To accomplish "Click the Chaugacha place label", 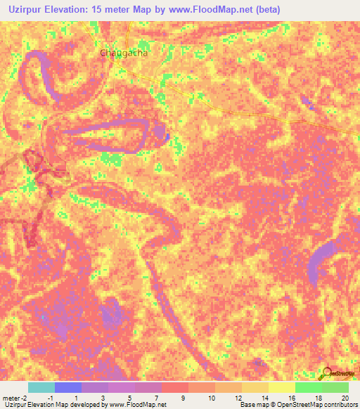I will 124,53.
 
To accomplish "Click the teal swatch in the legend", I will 41,387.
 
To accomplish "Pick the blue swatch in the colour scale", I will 67,387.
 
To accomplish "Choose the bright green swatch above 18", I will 308,387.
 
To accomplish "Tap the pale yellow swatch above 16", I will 281,387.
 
